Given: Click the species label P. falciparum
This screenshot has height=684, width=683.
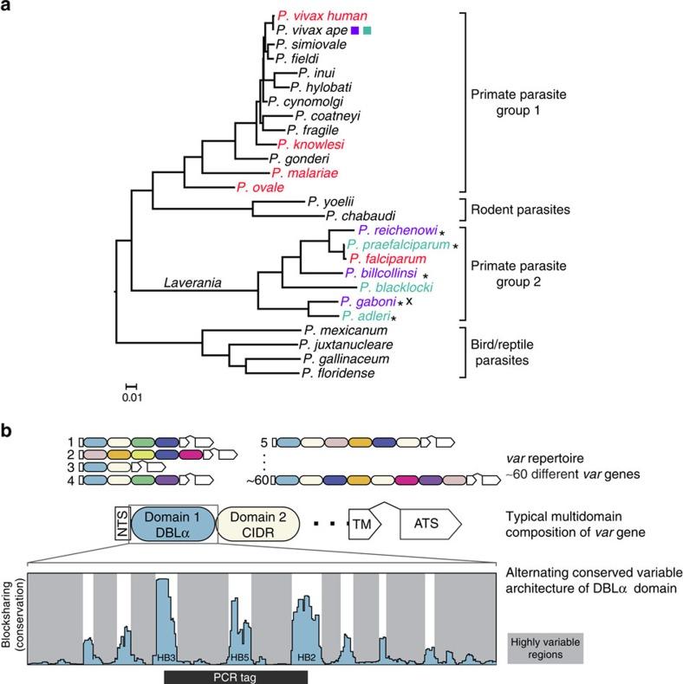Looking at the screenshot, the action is pyautogui.click(x=387, y=259).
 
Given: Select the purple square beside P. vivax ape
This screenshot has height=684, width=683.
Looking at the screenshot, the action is pyautogui.click(x=355, y=30).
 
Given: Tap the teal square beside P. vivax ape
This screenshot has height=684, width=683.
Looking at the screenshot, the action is pyautogui.click(x=368, y=30).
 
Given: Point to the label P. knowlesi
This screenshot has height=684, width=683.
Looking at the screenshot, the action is pyautogui.click(x=311, y=145).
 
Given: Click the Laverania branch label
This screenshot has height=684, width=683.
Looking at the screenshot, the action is pyautogui.click(x=192, y=282).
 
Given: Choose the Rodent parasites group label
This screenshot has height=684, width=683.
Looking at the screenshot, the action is pyautogui.click(x=520, y=210).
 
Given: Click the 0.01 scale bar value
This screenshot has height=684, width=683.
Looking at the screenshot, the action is pyautogui.click(x=132, y=397).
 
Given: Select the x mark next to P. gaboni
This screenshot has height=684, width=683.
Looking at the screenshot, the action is pyautogui.click(x=409, y=300).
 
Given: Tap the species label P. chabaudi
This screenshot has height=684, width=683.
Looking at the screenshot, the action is pyautogui.click(x=361, y=216).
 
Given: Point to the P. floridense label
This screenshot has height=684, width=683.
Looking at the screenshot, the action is pyautogui.click(x=338, y=373).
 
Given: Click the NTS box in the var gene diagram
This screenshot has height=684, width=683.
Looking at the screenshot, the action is pyautogui.click(x=123, y=524).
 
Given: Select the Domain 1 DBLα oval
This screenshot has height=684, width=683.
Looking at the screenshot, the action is pyautogui.click(x=173, y=524).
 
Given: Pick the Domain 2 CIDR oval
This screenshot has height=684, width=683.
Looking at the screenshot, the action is pyautogui.click(x=258, y=524).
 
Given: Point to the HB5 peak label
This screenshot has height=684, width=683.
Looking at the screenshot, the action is pyautogui.click(x=240, y=657).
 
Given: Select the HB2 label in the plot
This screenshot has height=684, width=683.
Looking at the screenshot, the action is pyautogui.click(x=307, y=657).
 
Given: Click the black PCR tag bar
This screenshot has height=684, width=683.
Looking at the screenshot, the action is pyautogui.click(x=236, y=677).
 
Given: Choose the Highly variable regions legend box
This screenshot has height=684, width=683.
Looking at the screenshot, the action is pyautogui.click(x=545, y=649).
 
